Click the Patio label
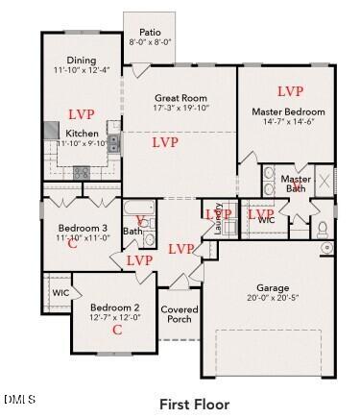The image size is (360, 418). click(150, 31)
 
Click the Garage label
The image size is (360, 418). click(273, 287)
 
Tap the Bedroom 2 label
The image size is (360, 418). click(116, 307)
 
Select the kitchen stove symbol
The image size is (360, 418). click(82, 173)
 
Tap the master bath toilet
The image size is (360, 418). click(324, 229)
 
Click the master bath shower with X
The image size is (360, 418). click(324, 181)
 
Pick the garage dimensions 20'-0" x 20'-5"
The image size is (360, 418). click(273, 298)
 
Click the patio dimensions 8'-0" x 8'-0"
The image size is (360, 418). click(150, 42)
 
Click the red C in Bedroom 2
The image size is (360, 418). click(117, 330)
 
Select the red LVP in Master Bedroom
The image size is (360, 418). click(289, 91)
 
